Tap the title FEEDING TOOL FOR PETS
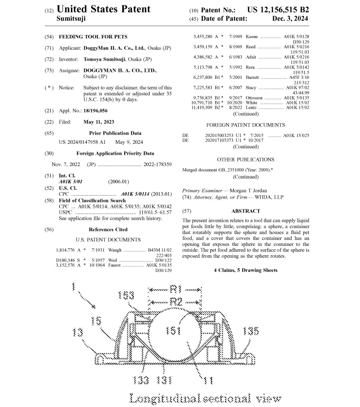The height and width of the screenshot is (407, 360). pos(93,36)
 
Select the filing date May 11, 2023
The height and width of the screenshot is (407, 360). pos(99,122)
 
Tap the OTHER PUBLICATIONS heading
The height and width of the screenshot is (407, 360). pos(245,160)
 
